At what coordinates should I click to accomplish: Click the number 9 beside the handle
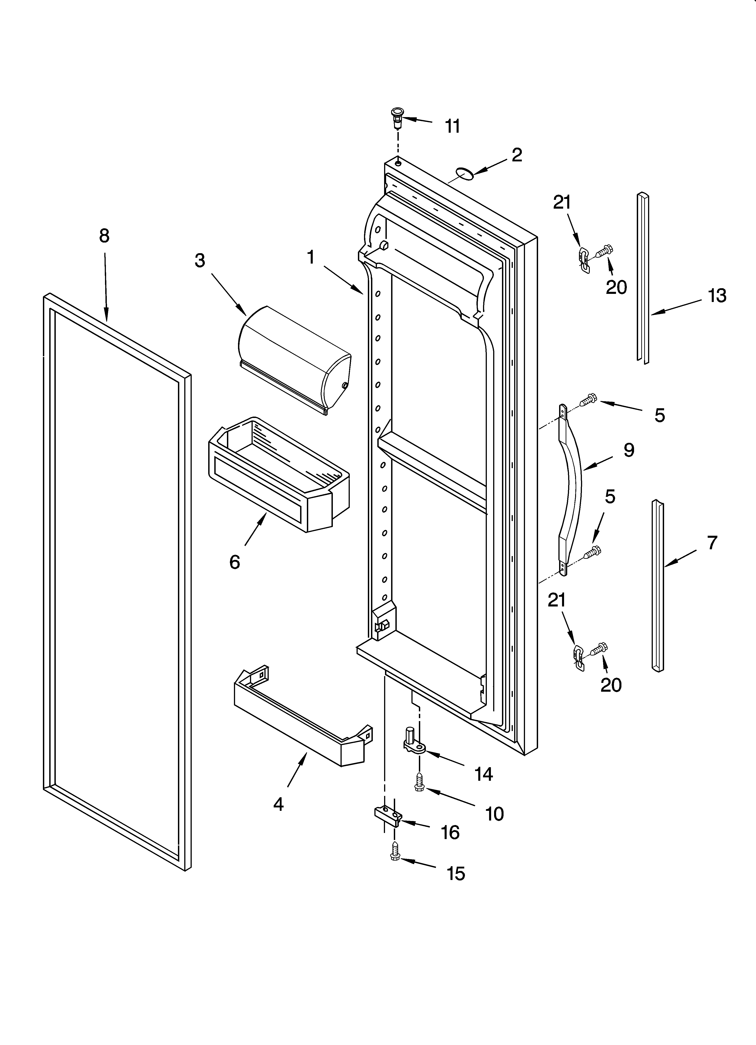[629, 450]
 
